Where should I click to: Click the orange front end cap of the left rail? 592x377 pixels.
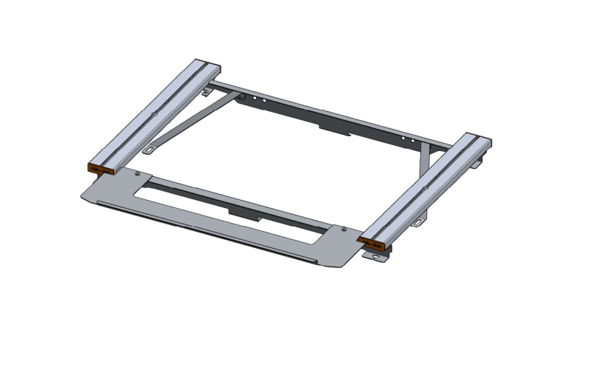tap(99, 168)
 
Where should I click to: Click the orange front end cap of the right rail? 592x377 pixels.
tap(372, 242)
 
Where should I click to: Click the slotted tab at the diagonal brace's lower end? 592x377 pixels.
tap(150, 150)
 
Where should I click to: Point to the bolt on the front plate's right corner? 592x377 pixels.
tap(345, 229)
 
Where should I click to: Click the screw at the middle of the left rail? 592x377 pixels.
tap(155, 113)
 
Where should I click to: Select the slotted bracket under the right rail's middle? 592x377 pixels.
tap(420, 221)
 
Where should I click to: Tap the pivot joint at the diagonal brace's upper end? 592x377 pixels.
tap(240, 96)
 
